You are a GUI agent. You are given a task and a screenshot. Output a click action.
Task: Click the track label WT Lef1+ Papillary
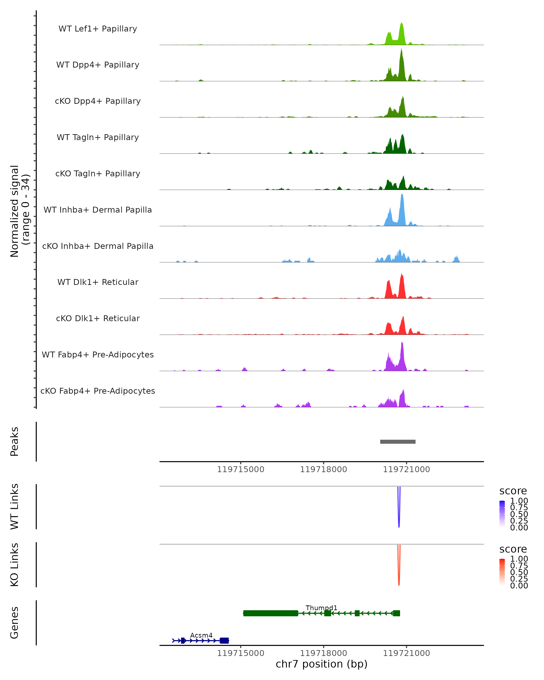pos(98,29)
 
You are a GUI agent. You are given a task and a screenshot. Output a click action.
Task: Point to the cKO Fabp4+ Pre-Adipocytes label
pos(98,391)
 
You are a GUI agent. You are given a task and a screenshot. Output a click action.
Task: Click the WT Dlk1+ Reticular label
pos(98,282)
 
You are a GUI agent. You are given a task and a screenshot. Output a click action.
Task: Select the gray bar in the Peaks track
pos(398,442)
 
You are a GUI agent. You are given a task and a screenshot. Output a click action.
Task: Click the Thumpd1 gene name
pos(321,608)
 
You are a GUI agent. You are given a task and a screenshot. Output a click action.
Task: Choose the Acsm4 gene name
pos(201,635)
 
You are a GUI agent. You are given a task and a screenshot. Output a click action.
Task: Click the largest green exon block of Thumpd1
pos(271,613)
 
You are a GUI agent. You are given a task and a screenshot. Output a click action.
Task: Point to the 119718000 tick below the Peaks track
pos(323,469)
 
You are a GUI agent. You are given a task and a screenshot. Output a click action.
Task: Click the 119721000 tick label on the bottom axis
pos(406,653)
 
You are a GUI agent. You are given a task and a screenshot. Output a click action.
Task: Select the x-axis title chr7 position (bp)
pos(321,664)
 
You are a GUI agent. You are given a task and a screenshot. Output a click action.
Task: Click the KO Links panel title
pos(15,565)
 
